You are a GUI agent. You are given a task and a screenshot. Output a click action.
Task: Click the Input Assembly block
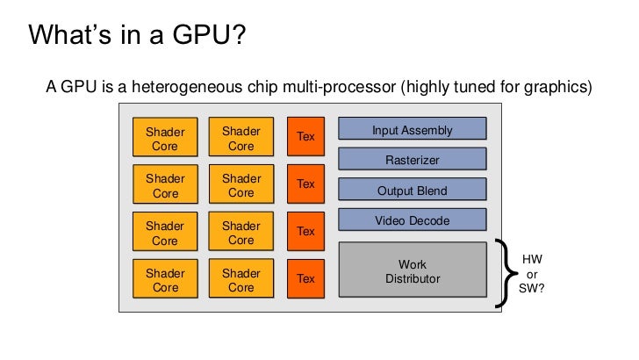point(412,131)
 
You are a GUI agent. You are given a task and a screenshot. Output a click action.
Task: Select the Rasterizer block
point(412,160)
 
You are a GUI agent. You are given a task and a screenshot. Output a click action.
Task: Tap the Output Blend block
point(412,191)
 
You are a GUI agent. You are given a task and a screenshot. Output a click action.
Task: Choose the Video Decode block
point(412,220)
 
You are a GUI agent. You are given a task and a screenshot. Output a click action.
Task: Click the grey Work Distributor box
point(412,271)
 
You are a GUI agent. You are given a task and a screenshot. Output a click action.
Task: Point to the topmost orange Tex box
point(305,136)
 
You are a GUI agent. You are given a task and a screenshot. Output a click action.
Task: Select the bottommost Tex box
point(305,278)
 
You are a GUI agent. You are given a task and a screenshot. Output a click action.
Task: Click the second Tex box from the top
point(305,184)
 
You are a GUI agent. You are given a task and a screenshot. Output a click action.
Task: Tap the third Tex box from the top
point(305,231)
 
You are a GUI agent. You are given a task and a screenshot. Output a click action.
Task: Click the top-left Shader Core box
point(165,139)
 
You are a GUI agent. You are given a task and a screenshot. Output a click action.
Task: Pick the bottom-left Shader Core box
point(165,280)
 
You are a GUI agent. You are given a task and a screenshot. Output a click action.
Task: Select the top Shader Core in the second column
point(241,139)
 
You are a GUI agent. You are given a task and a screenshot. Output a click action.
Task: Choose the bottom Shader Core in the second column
point(241,280)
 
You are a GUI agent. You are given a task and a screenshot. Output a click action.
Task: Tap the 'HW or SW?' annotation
point(532,273)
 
